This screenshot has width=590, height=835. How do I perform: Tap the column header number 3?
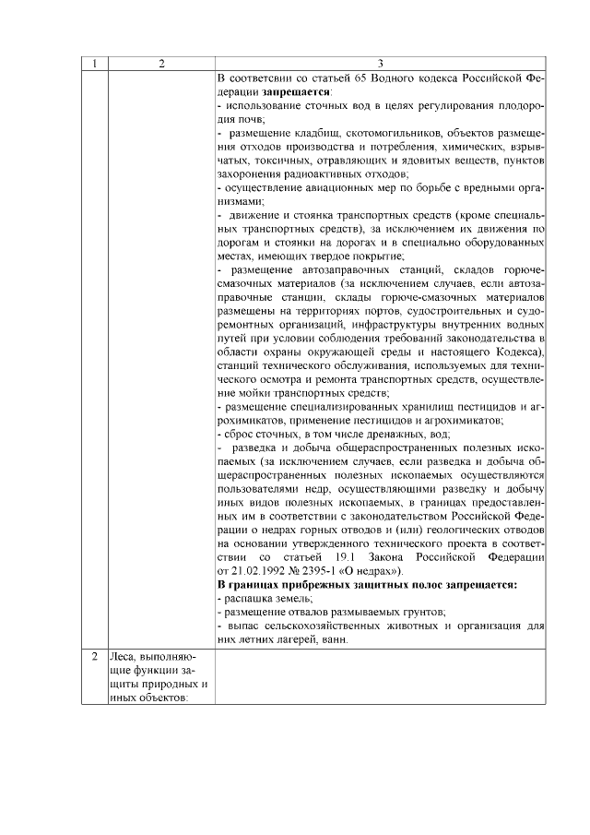point(382,64)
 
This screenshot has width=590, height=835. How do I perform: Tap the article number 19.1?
point(350,556)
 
